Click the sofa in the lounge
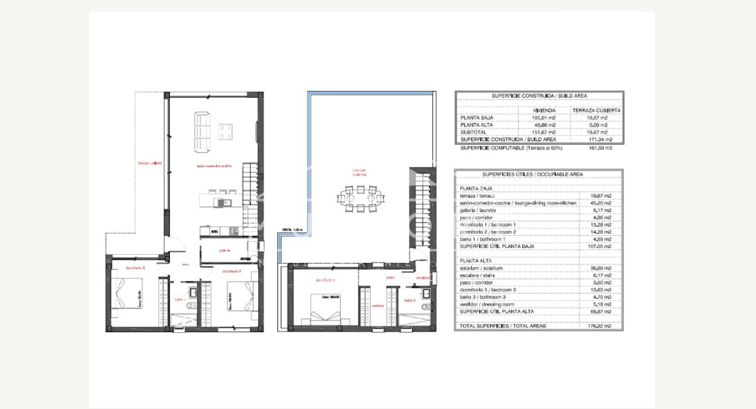[x=202, y=131]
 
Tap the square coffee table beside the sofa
[x=226, y=131]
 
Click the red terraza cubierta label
[x=149, y=163]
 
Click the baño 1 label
[x=180, y=299]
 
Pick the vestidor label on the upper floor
[x=377, y=305]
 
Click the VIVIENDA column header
[x=543, y=110]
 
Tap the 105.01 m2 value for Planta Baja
[x=543, y=118]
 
